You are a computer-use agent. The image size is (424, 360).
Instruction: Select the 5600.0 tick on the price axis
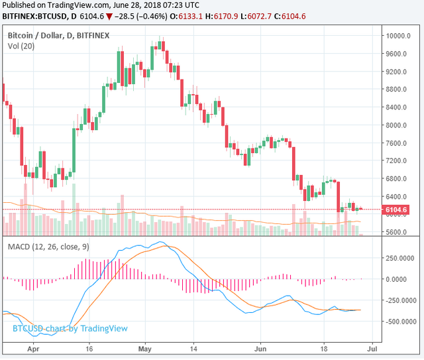399,233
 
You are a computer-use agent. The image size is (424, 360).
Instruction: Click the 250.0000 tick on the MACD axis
403,257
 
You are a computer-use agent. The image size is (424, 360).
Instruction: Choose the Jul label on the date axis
373,347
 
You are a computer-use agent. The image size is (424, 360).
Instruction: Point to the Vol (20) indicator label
22,46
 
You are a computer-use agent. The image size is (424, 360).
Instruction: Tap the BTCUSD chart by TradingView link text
70,328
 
